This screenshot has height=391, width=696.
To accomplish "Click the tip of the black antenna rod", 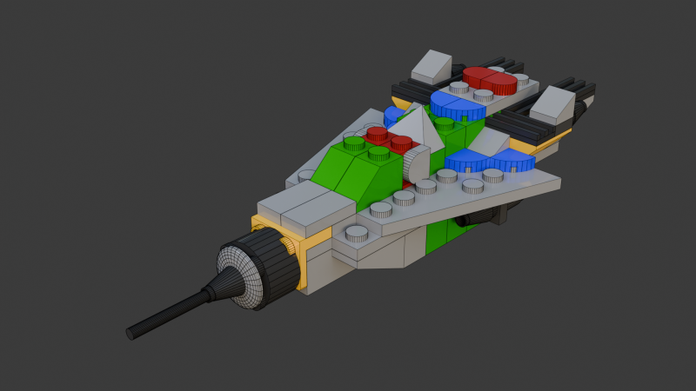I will (x=132, y=333).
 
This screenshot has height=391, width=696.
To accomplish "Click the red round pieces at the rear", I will (x=489, y=80).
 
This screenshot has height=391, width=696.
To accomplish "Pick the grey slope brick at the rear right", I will (x=552, y=104).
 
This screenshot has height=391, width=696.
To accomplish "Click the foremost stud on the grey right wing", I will (x=358, y=232).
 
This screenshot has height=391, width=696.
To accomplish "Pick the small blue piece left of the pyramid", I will (x=393, y=116).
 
